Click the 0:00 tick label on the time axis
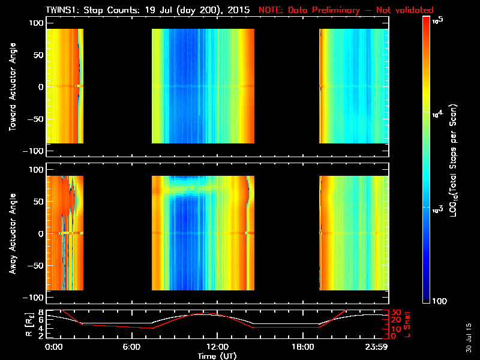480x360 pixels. click(54, 347)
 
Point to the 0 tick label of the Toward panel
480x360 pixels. click(41, 86)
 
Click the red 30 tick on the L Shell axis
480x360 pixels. click(396, 313)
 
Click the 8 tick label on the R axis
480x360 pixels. click(41, 313)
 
